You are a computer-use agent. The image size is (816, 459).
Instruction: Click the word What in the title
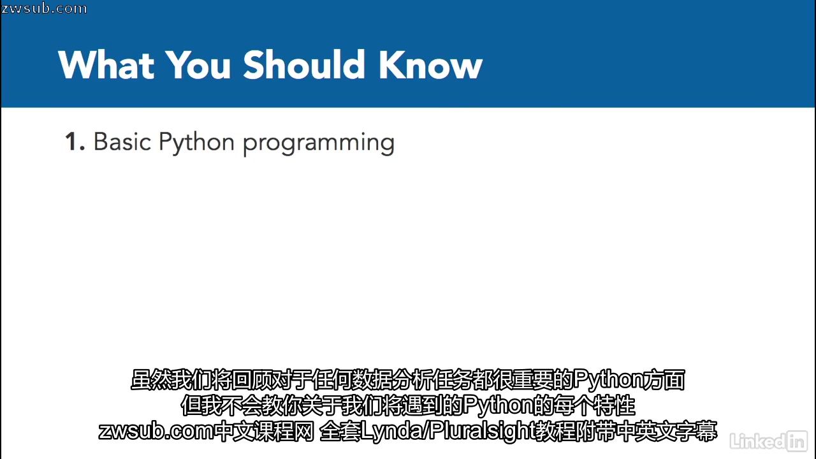coord(106,65)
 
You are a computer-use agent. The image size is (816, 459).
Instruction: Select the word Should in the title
coord(304,64)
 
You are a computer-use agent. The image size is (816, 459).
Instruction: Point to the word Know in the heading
coord(431,65)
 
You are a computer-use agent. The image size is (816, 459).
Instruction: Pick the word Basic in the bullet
coord(122,142)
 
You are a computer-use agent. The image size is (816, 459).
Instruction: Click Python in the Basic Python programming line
coord(196,143)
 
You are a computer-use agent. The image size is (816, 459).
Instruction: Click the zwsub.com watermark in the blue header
coord(44,8)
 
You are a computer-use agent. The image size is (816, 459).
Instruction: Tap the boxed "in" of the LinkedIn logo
coord(797,442)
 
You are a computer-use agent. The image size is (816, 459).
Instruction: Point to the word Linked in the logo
coord(758,442)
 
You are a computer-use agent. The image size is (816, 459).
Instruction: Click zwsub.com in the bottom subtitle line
coord(156,432)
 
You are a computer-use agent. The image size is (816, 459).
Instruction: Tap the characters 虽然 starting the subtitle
coord(150,380)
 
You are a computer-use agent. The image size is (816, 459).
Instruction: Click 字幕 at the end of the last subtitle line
coord(697,432)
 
